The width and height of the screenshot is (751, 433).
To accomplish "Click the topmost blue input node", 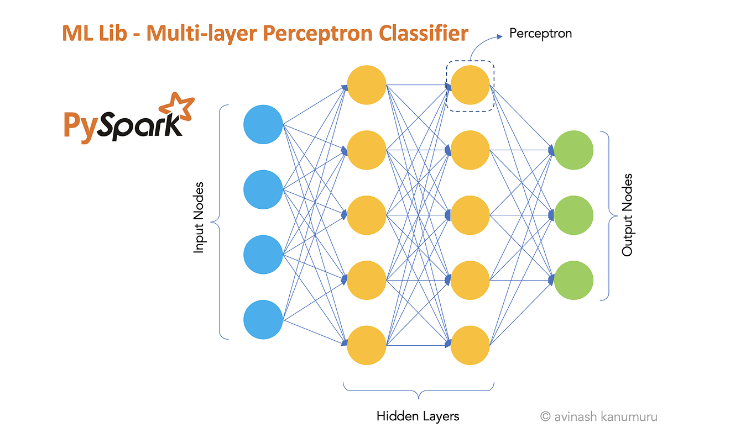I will (x=263, y=125).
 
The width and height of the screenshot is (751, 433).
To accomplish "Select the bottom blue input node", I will (x=263, y=320).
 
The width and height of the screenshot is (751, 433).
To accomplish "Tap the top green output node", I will (x=573, y=150).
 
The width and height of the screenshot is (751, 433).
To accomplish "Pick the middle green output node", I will (x=573, y=214).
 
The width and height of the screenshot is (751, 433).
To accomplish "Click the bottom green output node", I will (x=573, y=280).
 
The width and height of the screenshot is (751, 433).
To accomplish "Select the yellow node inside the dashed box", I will (x=470, y=86).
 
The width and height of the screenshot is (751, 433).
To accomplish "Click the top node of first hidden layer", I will (x=366, y=86).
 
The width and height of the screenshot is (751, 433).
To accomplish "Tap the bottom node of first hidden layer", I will (x=366, y=345).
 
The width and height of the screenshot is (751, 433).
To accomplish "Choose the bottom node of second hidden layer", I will (x=470, y=345).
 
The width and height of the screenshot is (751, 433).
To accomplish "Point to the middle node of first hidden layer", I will (x=366, y=214).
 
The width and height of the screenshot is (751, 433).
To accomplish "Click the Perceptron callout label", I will (x=540, y=34).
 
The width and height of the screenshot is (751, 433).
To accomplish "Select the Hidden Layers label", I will (x=418, y=416).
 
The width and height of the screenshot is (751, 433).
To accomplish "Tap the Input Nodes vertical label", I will (x=199, y=218).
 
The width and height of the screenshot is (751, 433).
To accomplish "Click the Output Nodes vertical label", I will (x=627, y=215).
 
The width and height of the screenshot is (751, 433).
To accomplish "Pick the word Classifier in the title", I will (x=423, y=34).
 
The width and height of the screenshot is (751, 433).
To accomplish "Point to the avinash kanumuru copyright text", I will (x=598, y=416).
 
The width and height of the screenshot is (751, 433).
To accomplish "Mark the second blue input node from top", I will (x=263, y=189).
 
